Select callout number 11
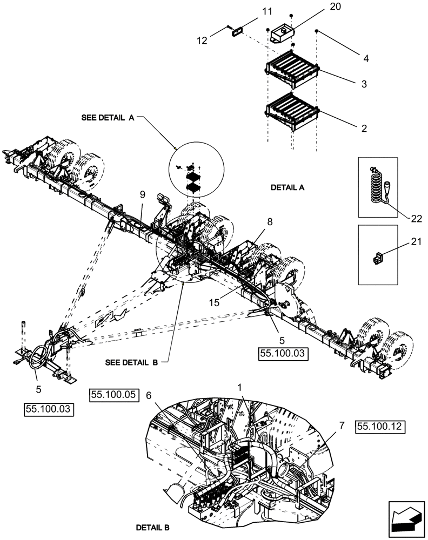(x=252, y=11)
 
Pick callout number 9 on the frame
(x=142, y=194)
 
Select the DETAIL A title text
(x=287, y=188)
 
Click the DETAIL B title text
(x=153, y=526)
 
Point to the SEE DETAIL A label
(x=108, y=117)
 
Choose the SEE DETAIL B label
(x=131, y=363)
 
